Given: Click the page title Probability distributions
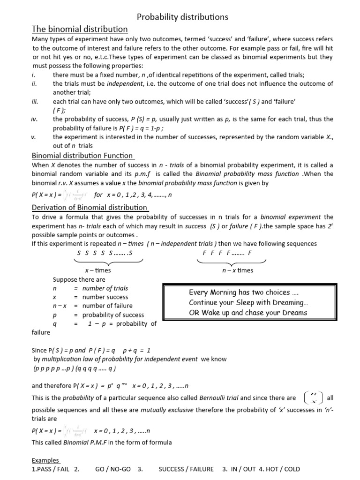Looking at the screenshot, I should coord(182,17).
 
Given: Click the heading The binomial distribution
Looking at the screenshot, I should coord(80,30).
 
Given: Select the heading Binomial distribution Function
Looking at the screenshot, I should coord(82,156).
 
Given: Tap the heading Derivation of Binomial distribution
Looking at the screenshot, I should coord(90,208).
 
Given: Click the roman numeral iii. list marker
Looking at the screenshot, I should coord(35,101).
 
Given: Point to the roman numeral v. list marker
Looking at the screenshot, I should coord(34,137).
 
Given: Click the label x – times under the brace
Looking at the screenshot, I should coord(97,270).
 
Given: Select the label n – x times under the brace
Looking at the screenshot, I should coord(237,270).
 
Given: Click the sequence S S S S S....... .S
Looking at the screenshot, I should coord(105,253).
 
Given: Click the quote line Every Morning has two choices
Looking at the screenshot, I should coord(244,292).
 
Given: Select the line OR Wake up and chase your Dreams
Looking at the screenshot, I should coord(248,313).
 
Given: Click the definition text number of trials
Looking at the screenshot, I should coord(105,288).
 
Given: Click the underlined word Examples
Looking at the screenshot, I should coord(45,460).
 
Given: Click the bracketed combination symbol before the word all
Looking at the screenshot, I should coord(313,398).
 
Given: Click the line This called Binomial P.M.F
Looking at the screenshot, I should coord(102,442).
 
